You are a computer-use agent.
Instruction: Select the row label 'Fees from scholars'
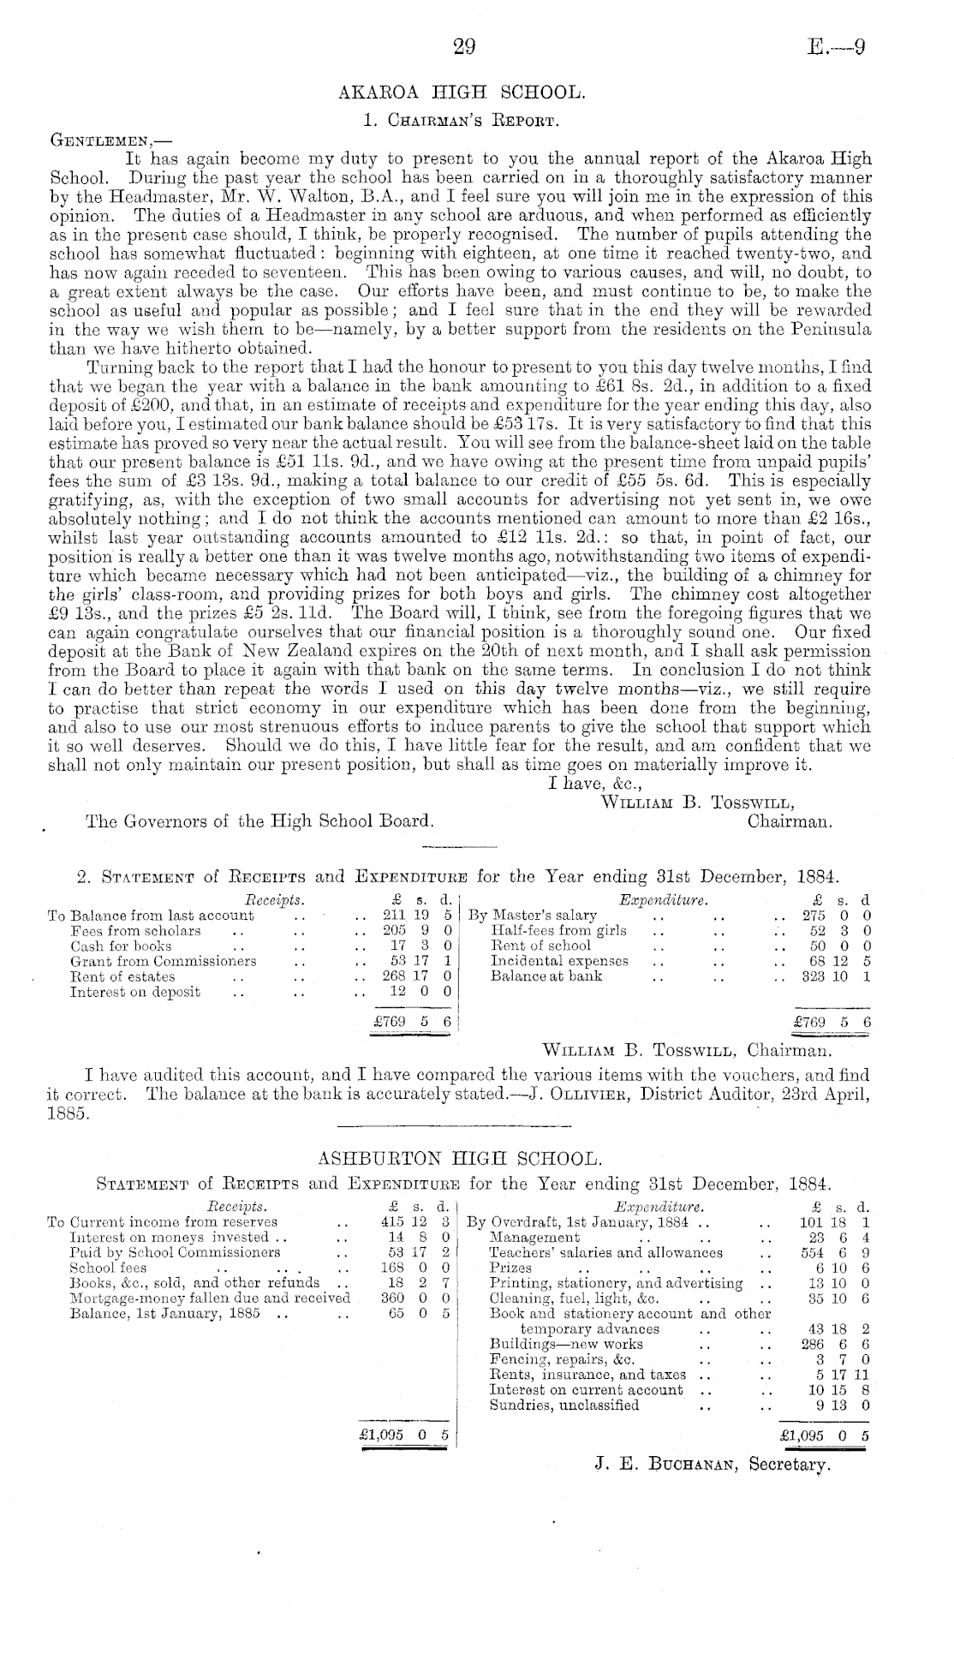coord(135,931)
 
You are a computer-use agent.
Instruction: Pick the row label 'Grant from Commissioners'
coord(163,962)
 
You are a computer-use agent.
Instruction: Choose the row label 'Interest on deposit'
coord(135,993)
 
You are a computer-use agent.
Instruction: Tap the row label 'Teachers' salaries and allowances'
coord(605,1252)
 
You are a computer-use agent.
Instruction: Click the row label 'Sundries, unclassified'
coord(563,1405)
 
